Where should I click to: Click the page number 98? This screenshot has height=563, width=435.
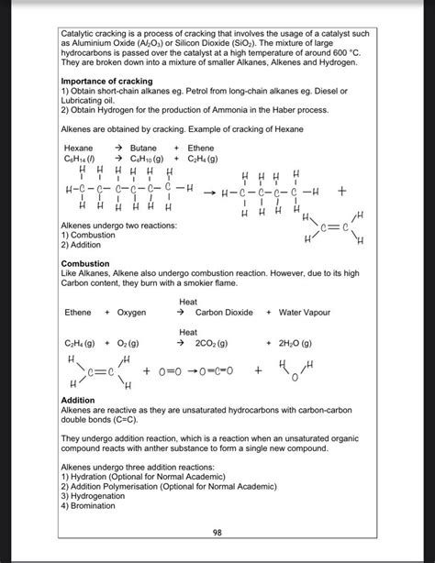[x=217, y=532]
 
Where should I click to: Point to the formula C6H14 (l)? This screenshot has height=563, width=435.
[x=82, y=158]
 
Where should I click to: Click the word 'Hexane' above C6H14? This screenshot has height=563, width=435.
[x=78, y=148]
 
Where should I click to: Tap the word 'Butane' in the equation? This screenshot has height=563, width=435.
[x=143, y=148]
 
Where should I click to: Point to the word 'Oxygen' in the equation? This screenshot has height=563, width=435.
[x=131, y=313]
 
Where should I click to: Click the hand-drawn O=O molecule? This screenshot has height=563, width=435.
[x=174, y=371]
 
